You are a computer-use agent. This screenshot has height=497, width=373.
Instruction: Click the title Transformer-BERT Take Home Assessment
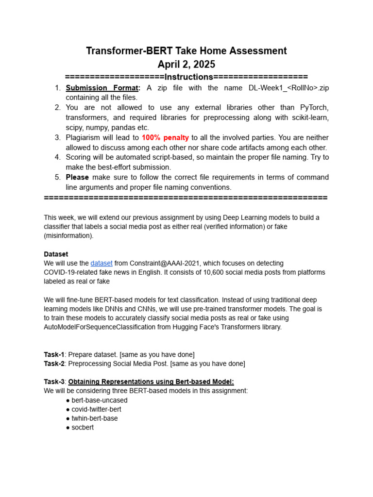186,51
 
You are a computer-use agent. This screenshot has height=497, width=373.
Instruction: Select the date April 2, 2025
186,65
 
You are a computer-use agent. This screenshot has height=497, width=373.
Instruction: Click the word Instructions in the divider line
188,77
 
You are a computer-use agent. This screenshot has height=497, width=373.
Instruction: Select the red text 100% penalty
165,138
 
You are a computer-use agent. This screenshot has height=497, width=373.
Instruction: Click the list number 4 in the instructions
57,157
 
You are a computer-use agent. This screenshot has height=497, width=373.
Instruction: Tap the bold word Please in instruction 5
77,177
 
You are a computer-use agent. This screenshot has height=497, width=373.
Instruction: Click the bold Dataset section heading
56,254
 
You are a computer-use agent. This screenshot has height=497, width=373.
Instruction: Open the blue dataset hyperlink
102,263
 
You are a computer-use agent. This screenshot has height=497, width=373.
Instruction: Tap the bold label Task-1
54,354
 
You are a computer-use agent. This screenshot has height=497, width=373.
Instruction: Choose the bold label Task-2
54,364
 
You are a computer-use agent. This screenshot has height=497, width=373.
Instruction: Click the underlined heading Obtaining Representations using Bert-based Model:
151,381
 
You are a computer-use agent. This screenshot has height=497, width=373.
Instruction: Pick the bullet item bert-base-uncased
100,400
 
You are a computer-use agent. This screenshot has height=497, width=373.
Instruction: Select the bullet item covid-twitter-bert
96,409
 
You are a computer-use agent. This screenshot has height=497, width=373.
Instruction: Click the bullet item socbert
83,428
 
